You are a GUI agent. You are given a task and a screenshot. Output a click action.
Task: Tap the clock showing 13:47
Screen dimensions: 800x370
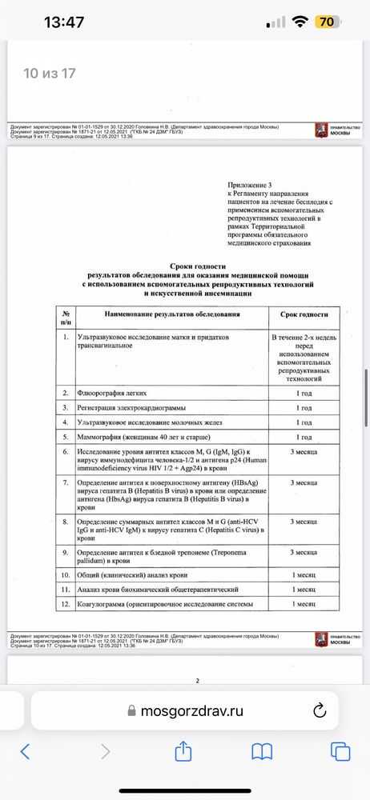coord(63,22)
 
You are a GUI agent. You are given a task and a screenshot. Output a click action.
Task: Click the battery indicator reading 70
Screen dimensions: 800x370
coord(327,22)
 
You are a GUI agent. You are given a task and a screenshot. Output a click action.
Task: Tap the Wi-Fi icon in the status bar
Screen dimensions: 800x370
coord(300,22)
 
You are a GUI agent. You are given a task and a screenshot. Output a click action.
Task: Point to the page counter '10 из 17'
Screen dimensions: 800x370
coord(50,74)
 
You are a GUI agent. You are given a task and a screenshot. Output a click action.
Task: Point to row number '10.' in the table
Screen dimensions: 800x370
coord(66,574)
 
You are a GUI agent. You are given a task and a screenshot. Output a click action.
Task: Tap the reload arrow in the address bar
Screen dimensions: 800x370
coord(319,710)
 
